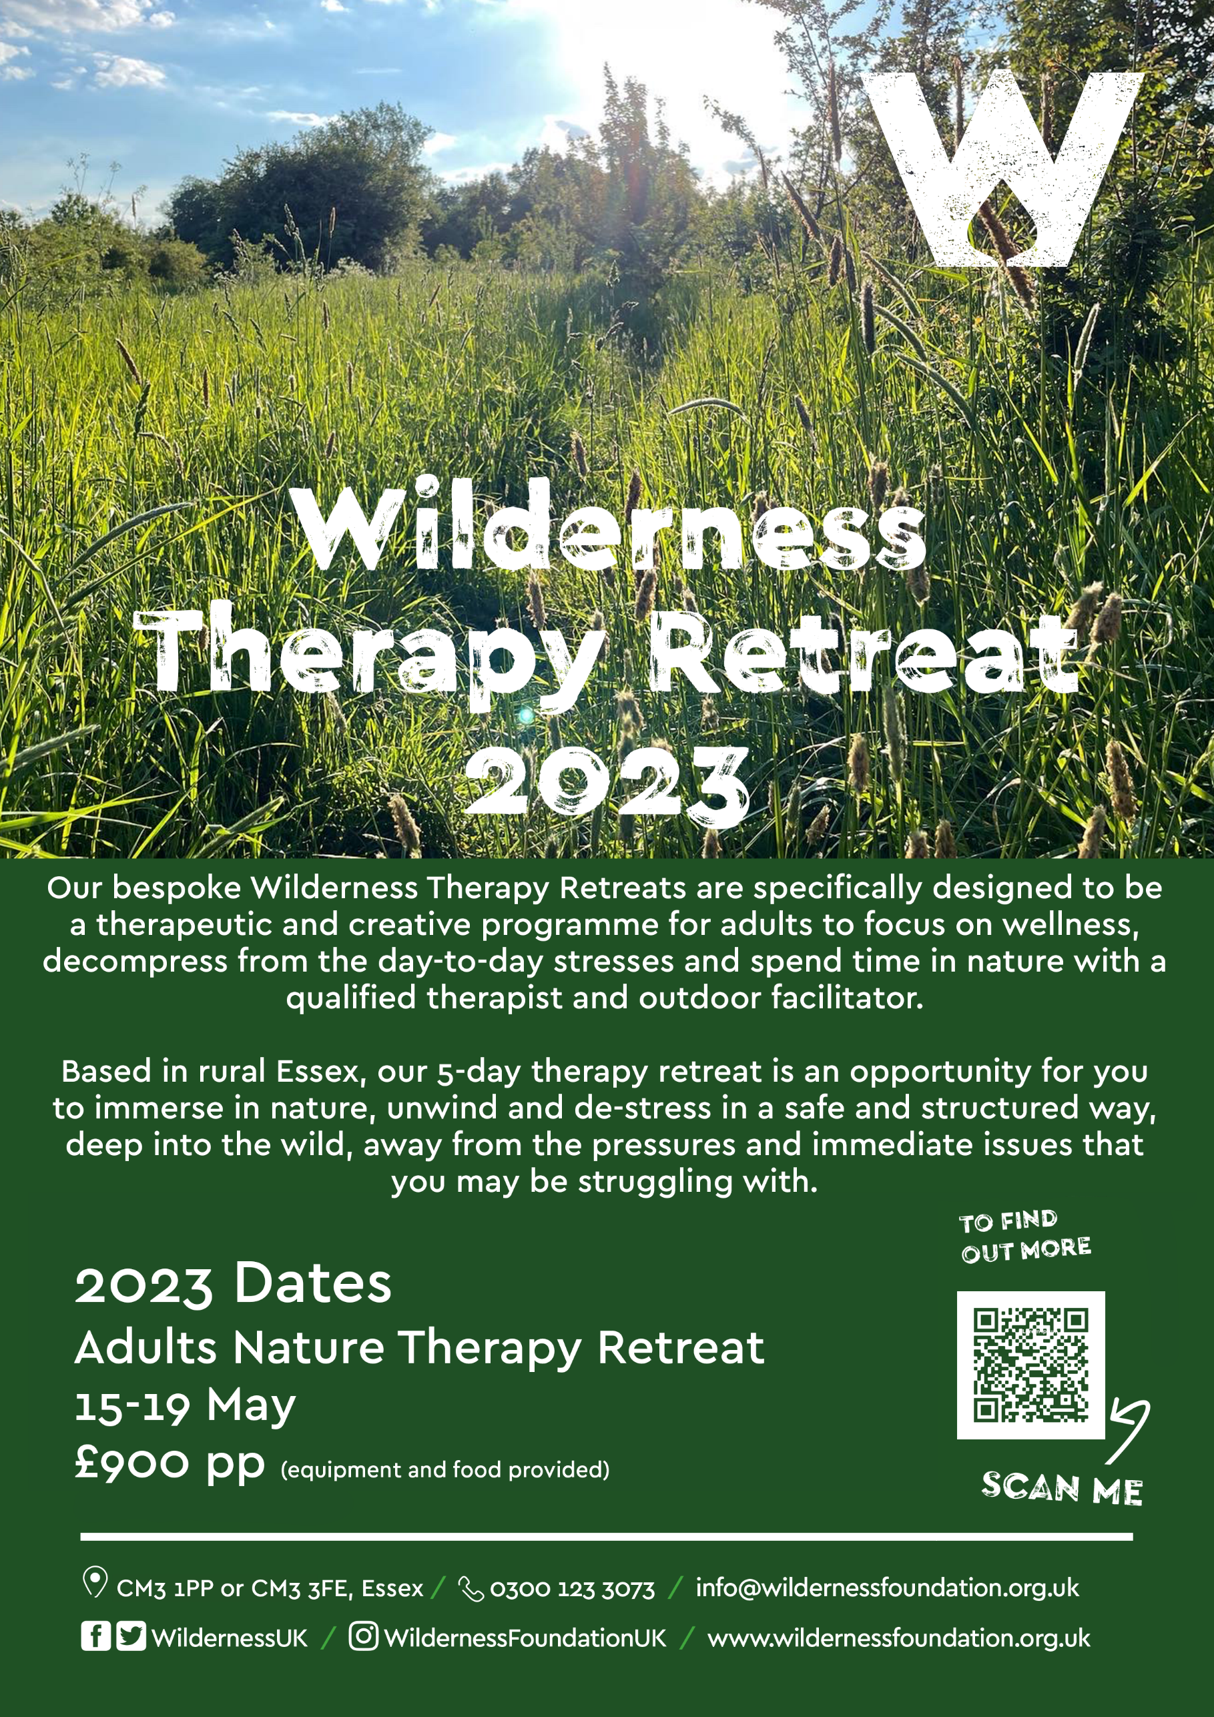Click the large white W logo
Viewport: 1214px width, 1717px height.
tap(1002, 168)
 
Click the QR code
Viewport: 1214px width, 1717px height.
tap(1030, 1365)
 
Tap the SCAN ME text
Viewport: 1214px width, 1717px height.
tap(1060, 1488)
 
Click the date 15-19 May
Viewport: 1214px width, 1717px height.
tap(185, 1406)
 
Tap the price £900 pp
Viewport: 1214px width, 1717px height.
tap(169, 1464)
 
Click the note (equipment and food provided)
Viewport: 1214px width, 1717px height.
tap(444, 1470)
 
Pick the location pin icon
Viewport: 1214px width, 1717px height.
tap(94, 1582)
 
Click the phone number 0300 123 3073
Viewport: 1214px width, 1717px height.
tap(571, 1589)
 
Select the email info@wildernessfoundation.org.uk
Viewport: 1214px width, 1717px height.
tap(886, 1588)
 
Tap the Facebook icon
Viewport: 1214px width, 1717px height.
tap(95, 1636)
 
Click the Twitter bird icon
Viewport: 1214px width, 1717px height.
tap(131, 1636)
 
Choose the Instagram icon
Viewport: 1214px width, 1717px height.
tap(363, 1636)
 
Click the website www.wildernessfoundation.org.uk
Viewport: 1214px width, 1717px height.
tap(898, 1638)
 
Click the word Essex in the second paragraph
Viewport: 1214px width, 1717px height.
tap(318, 1072)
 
